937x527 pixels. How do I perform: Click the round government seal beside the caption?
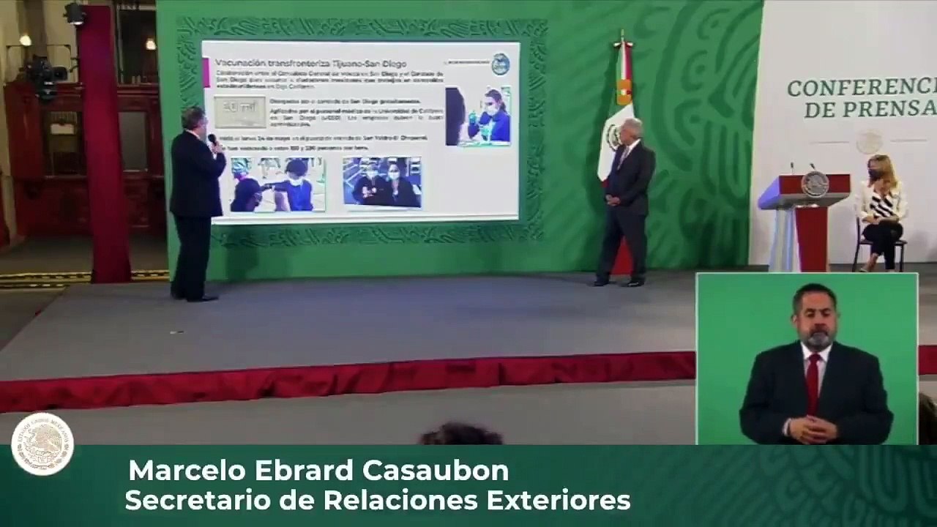click(42, 444)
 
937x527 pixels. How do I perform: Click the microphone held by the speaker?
click(212, 140)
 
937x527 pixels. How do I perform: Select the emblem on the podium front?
click(814, 184)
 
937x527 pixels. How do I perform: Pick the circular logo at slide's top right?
click(500, 64)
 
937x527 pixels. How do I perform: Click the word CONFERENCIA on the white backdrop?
click(861, 89)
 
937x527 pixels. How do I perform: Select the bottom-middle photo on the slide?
click(381, 182)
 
